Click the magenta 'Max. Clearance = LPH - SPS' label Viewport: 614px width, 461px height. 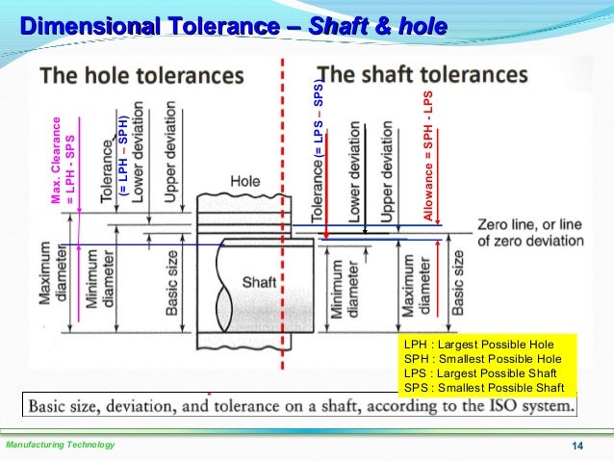click(63, 160)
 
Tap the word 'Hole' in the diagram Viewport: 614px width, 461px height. click(246, 181)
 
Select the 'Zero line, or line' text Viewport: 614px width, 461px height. click(528, 224)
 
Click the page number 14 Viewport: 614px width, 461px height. click(578, 445)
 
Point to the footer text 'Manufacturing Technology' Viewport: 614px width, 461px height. click(60, 445)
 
